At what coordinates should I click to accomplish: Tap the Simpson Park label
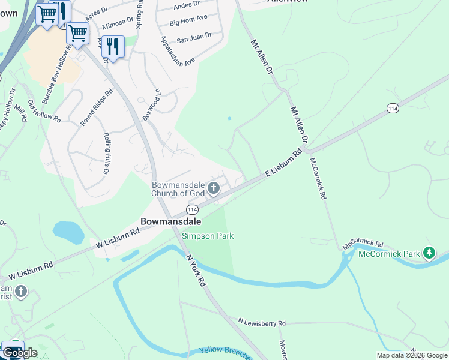(208, 236)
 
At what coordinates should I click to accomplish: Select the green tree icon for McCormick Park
(429, 253)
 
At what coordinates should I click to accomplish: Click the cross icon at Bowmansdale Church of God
(213, 190)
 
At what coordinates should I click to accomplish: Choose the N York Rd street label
(196, 270)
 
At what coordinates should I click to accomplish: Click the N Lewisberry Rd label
(261, 323)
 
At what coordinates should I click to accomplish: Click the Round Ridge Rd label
(97, 108)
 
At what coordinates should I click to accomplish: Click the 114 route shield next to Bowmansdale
(192, 209)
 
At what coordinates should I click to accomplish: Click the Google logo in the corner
(20, 353)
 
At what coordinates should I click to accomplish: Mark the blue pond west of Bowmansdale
(68, 232)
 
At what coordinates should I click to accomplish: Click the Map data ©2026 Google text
(411, 355)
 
